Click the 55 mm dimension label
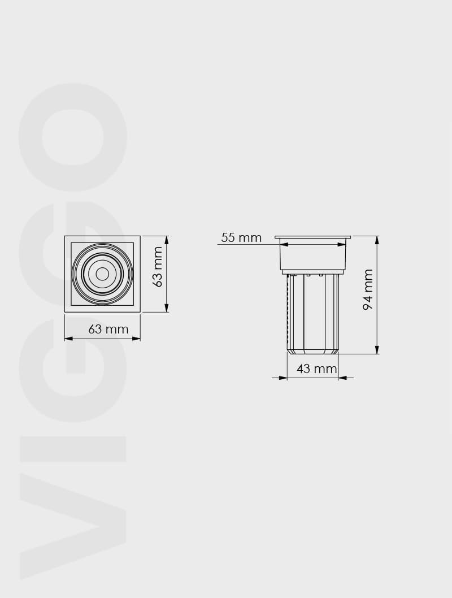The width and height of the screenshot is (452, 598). pyautogui.click(x=241, y=238)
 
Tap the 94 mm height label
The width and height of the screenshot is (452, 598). pyautogui.click(x=368, y=289)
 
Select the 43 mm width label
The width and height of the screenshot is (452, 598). pyautogui.click(x=316, y=369)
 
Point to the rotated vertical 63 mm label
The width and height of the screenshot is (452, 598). pyautogui.click(x=158, y=267)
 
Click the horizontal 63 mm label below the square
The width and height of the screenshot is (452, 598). pyautogui.click(x=108, y=329)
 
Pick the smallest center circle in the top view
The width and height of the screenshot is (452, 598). pyautogui.click(x=102, y=274)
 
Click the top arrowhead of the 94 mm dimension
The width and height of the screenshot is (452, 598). pyautogui.click(x=377, y=240)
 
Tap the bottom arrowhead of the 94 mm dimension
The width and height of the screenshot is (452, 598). pyautogui.click(x=377, y=350)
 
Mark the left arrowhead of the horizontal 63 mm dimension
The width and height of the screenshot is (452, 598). pyautogui.click(x=68, y=339)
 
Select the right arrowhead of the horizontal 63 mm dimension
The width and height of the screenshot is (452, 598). pyautogui.click(x=136, y=339)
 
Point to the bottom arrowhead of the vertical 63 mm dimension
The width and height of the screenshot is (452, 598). pyautogui.click(x=167, y=308)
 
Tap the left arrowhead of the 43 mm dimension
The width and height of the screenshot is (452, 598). pyautogui.click(x=283, y=378)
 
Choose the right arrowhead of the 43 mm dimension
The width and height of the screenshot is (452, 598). pyautogui.click(x=343, y=378)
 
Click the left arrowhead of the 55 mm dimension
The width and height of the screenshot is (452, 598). pyautogui.click(x=284, y=245)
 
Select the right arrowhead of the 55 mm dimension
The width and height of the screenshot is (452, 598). pyautogui.click(x=342, y=245)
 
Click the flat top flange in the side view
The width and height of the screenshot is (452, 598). pyautogui.click(x=312, y=237)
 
